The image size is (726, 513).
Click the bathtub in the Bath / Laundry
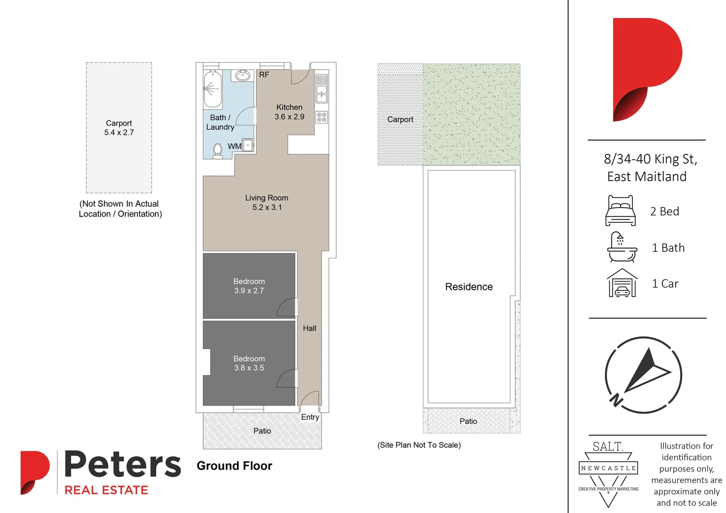click(212, 89)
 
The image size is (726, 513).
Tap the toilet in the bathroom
click(218, 150)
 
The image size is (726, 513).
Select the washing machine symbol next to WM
click(248, 145)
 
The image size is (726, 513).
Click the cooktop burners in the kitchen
click(322, 117)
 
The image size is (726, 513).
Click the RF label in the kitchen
click(264, 75)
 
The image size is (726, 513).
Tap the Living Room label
click(267, 198)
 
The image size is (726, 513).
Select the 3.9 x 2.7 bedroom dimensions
click(249, 291)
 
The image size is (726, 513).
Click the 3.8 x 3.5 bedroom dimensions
click(249, 368)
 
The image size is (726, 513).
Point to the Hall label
click(309, 328)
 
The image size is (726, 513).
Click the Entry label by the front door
click(310, 417)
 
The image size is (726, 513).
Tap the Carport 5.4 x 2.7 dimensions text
click(119, 133)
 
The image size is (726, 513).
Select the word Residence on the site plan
click(469, 287)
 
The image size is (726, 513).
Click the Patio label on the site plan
click(468, 421)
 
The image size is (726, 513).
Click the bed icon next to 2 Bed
click(621, 210)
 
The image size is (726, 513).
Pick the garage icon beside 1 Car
click(622, 283)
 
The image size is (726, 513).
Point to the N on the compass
click(616, 400)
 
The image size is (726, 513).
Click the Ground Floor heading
click(234, 466)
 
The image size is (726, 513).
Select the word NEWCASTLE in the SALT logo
click(608, 468)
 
